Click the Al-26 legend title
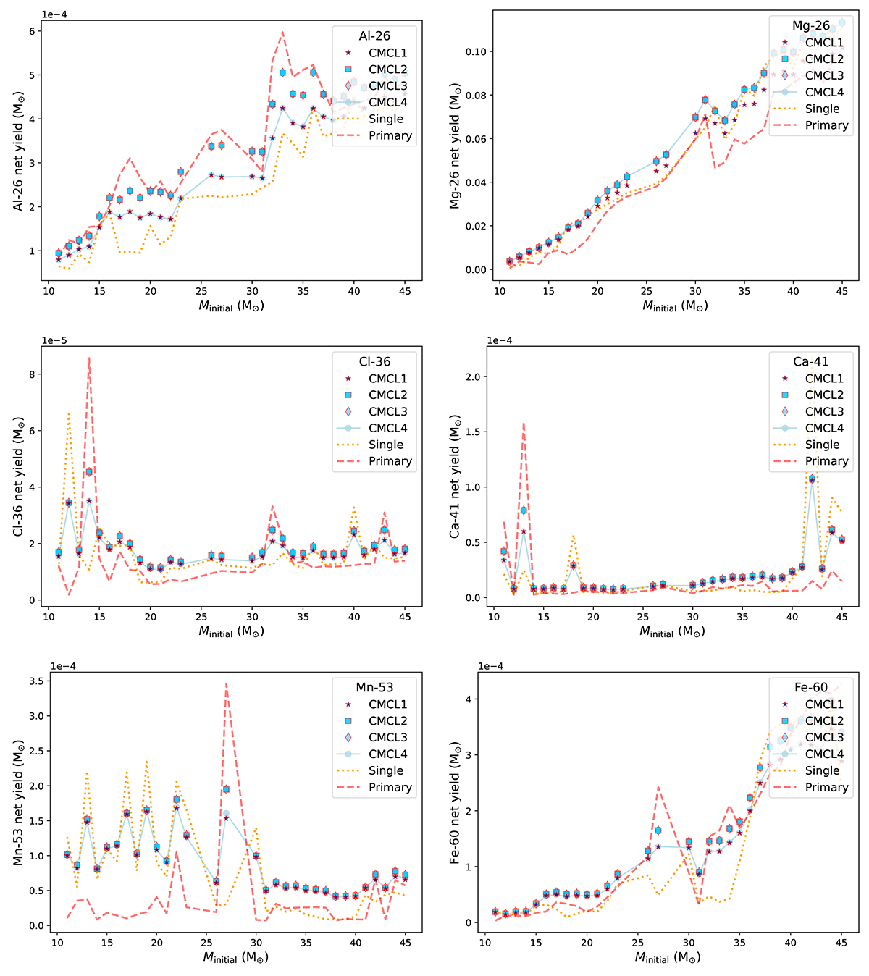pos(374,36)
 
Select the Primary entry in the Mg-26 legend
pos(826,125)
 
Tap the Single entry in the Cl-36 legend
pos(386,445)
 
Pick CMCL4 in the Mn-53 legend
pos(388,754)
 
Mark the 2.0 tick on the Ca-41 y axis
pos(476,376)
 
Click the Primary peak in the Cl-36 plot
pos(89,358)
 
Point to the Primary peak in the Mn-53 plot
pos(226,683)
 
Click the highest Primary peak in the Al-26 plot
pos(282,32)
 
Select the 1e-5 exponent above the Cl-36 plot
pos(54,340)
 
